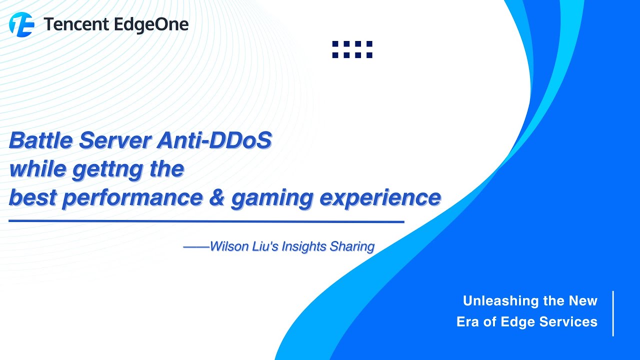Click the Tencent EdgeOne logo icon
[21, 24]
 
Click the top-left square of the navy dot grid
[335, 44]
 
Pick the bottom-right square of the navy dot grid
[369, 55]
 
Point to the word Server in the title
[115, 141]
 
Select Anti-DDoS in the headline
[214, 141]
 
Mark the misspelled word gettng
[102, 170]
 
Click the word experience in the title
[380, 198]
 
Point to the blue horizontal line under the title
[206, 221]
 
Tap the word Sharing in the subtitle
[352, 247]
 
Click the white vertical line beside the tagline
[613, 313]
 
